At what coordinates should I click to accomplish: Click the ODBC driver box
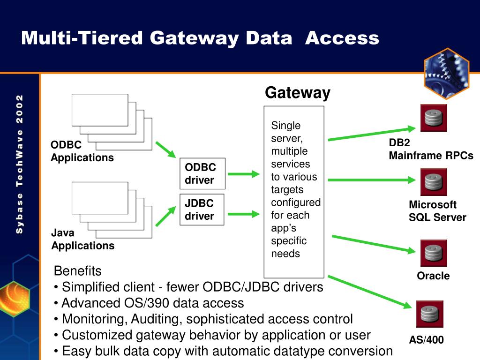pyautogui.click(x=202, y=173)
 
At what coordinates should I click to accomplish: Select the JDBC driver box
pyautogui.click(x=202, y=210)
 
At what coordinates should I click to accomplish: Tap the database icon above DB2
pyautogui.click(x=434, y=118)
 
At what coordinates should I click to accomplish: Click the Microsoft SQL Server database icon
pyautogui.click(x=434, y=182)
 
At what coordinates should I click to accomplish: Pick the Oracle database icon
pyautogui.click(x=434, y=253)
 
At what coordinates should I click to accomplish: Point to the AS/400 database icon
pyautogui.click(x=430, y=314)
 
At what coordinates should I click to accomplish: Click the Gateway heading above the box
pyautogui.click(x=298, y=93)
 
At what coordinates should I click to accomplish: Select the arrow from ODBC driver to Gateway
pyautogui.click(x=244, y=174)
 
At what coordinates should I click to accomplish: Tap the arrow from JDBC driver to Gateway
pyautogui.click(x=244, y=214)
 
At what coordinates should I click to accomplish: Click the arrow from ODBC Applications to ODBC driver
pyautogui.click(x=165, y=150)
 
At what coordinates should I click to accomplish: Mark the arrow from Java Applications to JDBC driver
pyautogui.click(x=165, y=216)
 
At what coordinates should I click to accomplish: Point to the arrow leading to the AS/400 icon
pyautogui.click(x=370, y=292)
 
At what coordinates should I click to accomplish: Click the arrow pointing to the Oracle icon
pyautogui.click(x=374, y=244)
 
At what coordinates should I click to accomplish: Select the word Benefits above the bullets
pyautogui.click(x=77, y=271)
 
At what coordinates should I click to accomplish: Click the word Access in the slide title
pyautogui.click(x=342, y=38)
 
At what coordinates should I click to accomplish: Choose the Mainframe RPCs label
pyautogui.click(x=431, y=156)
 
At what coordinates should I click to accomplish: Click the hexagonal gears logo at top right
pyautogui.click(x=447, y=74)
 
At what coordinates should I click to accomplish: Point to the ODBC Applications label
pyautogui.click(x=82, y=151)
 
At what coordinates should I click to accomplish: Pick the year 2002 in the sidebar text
pyautogui.click(x=19, y=109)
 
